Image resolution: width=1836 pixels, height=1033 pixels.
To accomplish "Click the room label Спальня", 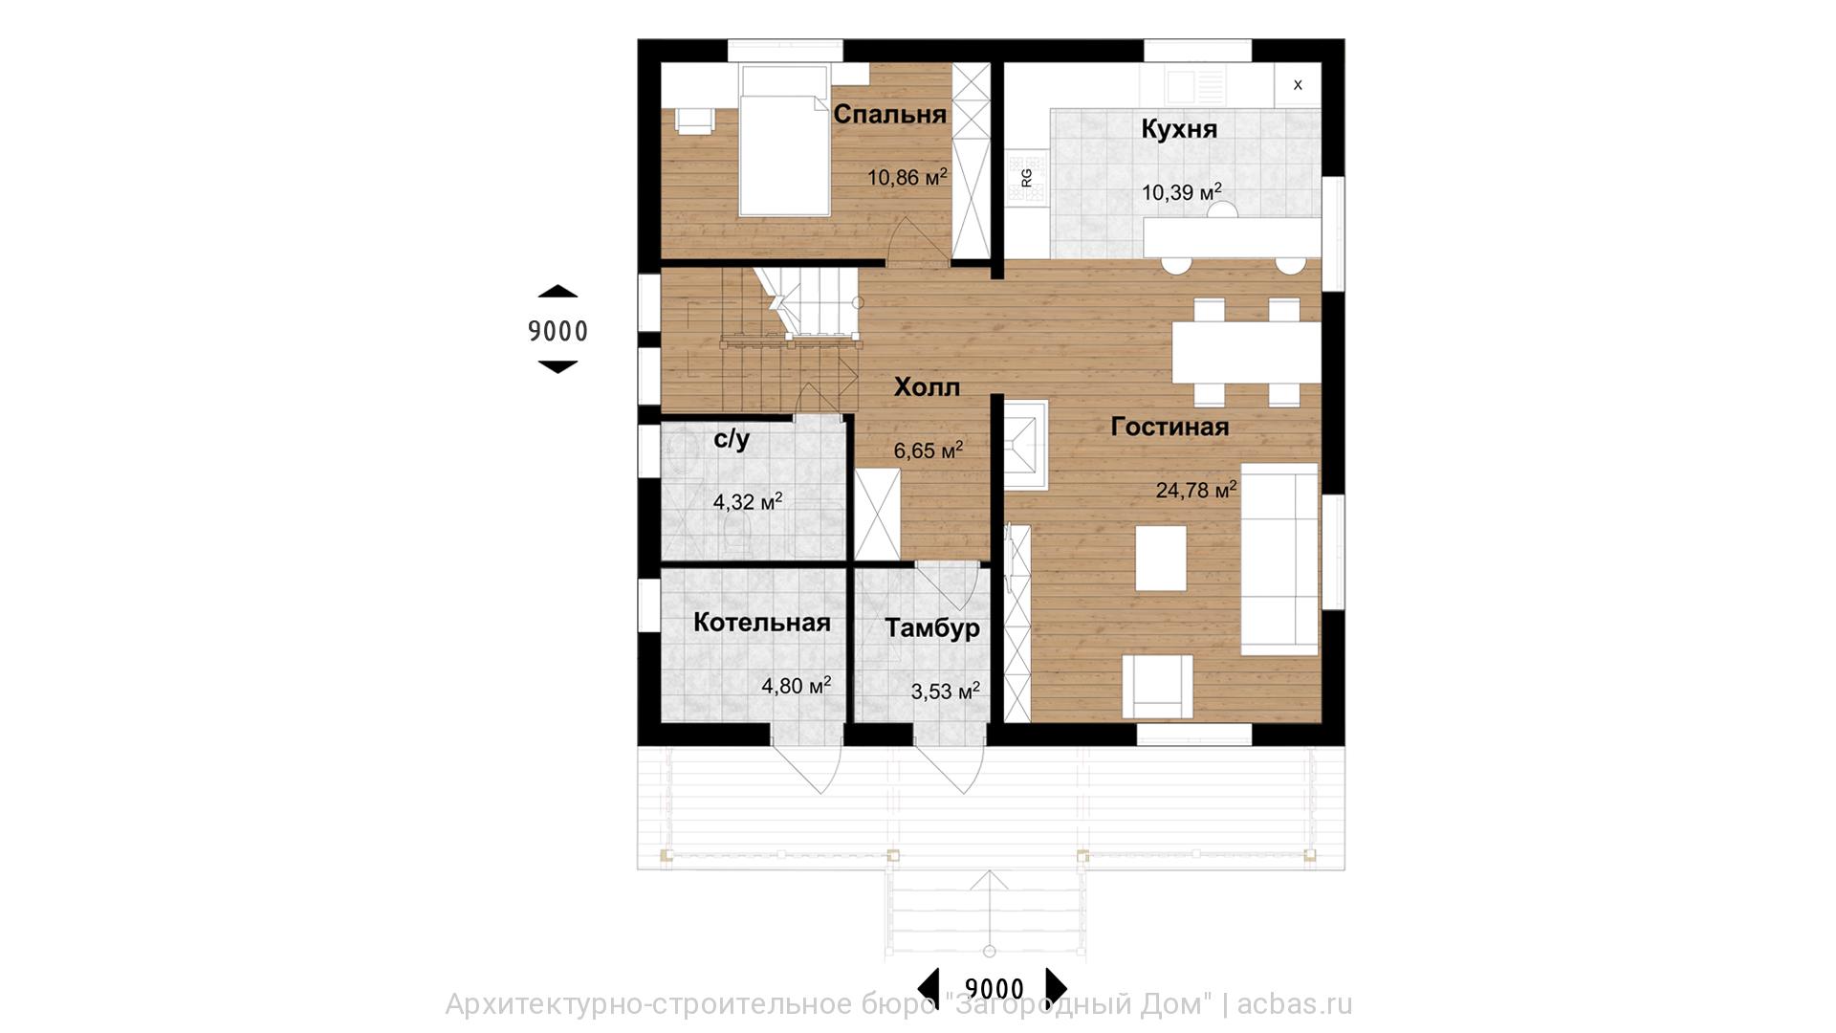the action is pyautogui.click(x=889, y=115).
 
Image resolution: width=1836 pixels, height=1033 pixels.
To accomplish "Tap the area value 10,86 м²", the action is pyautogui.click(x=907, y=177).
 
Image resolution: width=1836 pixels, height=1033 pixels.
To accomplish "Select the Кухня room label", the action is pyautogui.click(x=1179, y=129).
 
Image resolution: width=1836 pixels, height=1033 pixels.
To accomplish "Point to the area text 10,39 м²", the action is pyautogui.click(x=1182, y=192).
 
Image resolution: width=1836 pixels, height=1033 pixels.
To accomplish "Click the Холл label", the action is pyautogui.click(x=927, y=387).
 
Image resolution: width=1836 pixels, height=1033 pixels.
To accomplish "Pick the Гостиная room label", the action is pyautogui.click(x=1169, y=427).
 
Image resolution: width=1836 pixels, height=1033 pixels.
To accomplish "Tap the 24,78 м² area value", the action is pyautogui.click(x=1196, y=491).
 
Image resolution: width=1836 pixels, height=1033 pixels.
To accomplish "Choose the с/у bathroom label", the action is pyautogui.click(x=732, y=439).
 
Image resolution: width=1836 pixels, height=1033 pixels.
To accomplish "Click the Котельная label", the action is pyautogui.click(x=761, y=623).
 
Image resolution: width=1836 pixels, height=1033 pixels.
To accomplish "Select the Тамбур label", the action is pyautogui.click(x=931, y=628).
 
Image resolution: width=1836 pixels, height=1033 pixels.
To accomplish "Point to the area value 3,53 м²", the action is pyautogui.click(x=946, y=691).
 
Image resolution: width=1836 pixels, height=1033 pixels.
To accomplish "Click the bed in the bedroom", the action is pyautogui.click(x=783, y=140).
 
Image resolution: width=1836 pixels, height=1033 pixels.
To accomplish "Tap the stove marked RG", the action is pyautogui.click(x=1026, y=178).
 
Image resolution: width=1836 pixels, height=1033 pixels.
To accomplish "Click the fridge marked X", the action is pyautogui.click(x=1298, y=85).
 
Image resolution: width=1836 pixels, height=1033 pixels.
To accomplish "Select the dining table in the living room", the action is pyautogui.click(x=1246, y=351).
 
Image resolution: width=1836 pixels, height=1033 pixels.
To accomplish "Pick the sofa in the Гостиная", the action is pyautogui.click(x=1279, y=560).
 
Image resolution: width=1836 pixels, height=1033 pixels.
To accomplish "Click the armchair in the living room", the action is pyautogui.click(x=1158, y=686).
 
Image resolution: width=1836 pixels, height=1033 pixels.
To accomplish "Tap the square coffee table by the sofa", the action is pyautogui.click(x=1161, y=558).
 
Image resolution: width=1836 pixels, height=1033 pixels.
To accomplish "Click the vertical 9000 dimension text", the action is pyautogui.click(x=557, y=331).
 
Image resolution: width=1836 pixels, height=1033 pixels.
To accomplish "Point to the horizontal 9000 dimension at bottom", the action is pyautogui.click(x=994, y=988).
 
